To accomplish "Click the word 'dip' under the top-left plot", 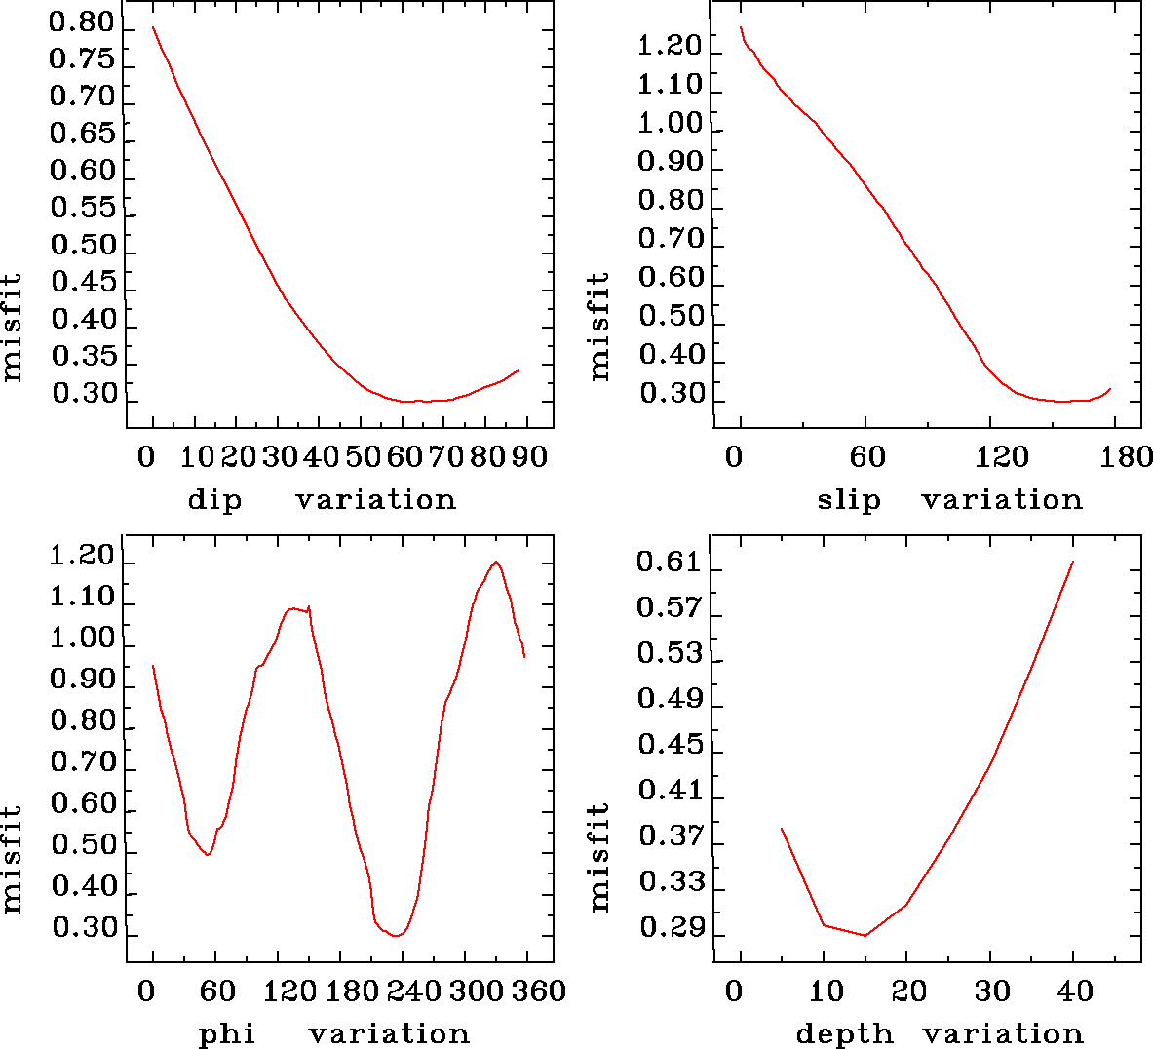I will (214, 500).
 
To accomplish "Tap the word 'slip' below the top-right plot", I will (849, 500).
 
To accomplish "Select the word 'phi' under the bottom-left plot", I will (227, 1033).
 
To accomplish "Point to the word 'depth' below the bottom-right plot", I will (844, 1033).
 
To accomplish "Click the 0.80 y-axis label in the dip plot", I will (83, 23).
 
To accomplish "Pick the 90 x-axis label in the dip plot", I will (530, 457).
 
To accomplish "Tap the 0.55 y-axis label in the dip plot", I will (83, 208).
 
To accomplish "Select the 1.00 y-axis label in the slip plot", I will (671, 124).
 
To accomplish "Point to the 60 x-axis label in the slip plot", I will (867, 457).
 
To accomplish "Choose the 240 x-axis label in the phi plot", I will (412, 991).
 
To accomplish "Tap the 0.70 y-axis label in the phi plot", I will (83, 761).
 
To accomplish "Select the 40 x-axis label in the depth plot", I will (1075, 991).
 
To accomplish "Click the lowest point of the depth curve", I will (865, 936).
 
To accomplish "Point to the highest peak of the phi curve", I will (496, 562).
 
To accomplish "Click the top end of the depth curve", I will (1073, 562).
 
